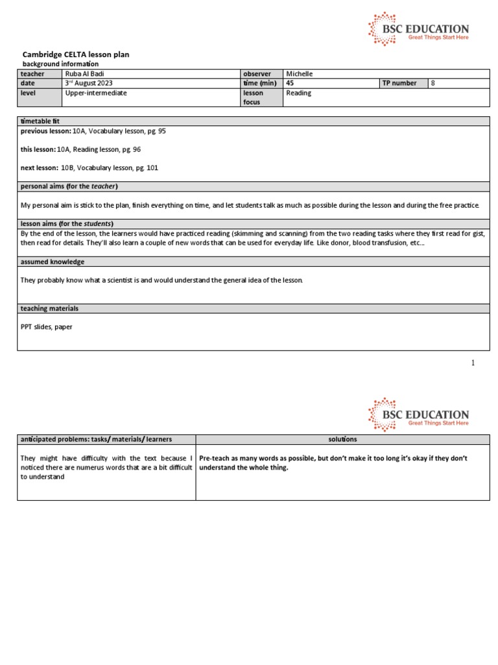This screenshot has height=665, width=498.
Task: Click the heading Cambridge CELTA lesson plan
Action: [71, 55]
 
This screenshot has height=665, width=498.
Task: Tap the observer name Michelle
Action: [299, 74]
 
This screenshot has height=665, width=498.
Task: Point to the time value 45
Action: [290, 83]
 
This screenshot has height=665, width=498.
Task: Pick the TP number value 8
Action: [433, 83]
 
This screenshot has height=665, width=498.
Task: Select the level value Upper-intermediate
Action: [96, 93]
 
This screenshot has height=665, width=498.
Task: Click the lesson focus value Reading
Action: [298, 93]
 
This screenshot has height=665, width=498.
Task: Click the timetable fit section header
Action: [40, 121]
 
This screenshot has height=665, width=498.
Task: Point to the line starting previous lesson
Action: [93, 131]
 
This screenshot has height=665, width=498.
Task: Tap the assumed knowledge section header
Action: [53, 262]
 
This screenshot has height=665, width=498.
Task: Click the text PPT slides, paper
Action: [47, 327]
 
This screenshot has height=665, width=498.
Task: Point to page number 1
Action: [473, 363]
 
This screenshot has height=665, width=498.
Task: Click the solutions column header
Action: [342, 440]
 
